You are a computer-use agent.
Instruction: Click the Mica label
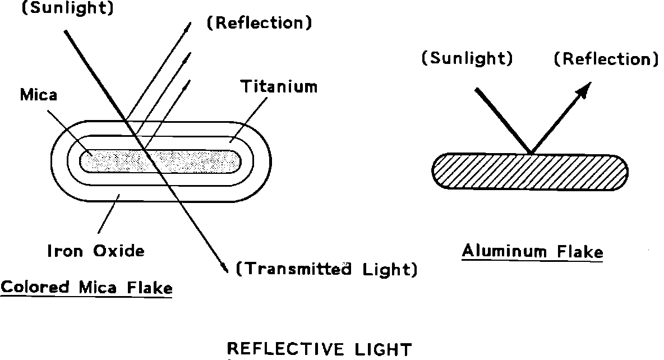[38, 95]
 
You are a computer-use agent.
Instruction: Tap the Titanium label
[279, 87]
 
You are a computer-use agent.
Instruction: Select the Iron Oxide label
[95, 250]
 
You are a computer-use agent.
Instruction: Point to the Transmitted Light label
[327, 269]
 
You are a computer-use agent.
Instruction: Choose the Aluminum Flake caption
[532, 252]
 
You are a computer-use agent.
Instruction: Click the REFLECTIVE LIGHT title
[319, 349]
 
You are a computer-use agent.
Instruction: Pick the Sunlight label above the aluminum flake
[467, 59]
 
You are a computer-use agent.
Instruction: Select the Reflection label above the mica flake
[259, 24]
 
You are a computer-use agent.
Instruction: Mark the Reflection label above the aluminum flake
[606, 59]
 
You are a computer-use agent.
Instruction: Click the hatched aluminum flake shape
[529, 171]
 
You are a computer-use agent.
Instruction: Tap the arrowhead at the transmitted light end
[226, 269]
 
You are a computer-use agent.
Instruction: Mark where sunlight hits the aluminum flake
[530, 153]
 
